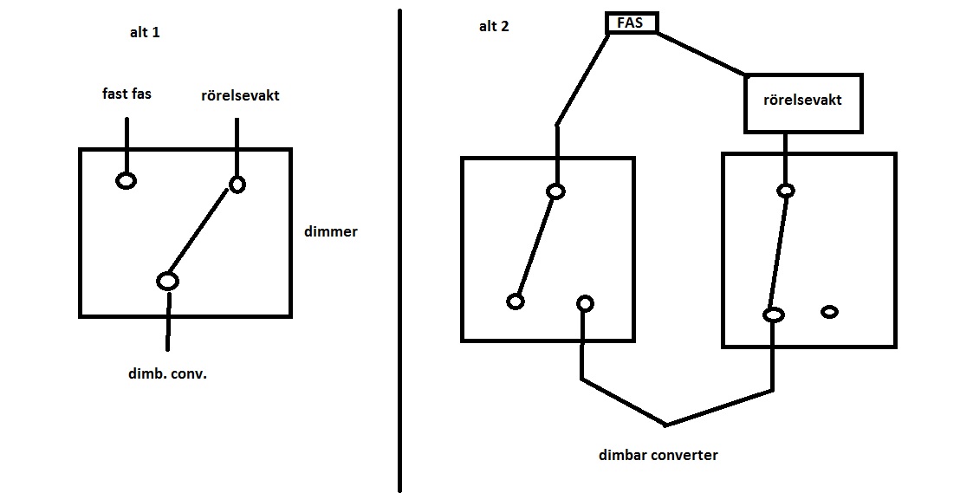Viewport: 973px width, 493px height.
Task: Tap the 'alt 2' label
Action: click(494, 26)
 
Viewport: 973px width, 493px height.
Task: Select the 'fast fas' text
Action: click(126, 94)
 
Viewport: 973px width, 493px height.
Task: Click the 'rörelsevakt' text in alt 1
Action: click(240, 95)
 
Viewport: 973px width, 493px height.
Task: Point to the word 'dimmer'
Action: click(331, 232)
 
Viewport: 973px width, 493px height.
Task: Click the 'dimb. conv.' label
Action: click(167, 375)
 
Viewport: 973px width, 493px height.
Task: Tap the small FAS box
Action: click(630, 23)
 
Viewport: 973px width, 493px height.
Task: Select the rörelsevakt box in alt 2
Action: click(803, 101)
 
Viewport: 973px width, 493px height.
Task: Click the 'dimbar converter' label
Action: click(658, 455)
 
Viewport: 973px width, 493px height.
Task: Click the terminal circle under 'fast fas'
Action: click(126, 181)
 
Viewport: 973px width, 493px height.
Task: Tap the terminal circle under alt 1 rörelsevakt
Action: click(237, 184)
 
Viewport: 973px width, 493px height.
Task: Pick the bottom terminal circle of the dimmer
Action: click(167, 281)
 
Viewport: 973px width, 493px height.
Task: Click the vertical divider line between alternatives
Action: click(399, 251)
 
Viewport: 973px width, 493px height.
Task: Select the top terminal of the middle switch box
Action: click(556, 191)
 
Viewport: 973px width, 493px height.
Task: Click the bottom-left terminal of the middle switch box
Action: click(516, 302)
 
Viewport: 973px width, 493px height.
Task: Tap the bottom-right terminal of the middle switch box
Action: click(585, 303)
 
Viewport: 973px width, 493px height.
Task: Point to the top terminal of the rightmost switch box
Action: click(785, 191)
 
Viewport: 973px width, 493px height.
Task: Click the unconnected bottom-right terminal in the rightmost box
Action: click(829, 312)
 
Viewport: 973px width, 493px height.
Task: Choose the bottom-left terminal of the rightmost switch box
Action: click(773, 315)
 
